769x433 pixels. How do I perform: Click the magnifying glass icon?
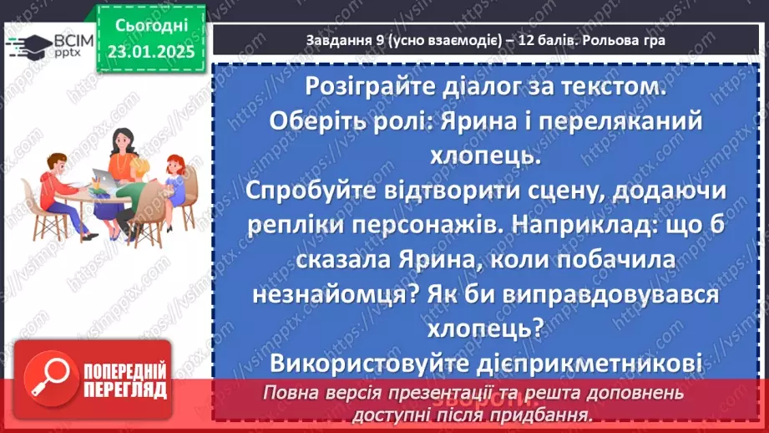tap(49, 381)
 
